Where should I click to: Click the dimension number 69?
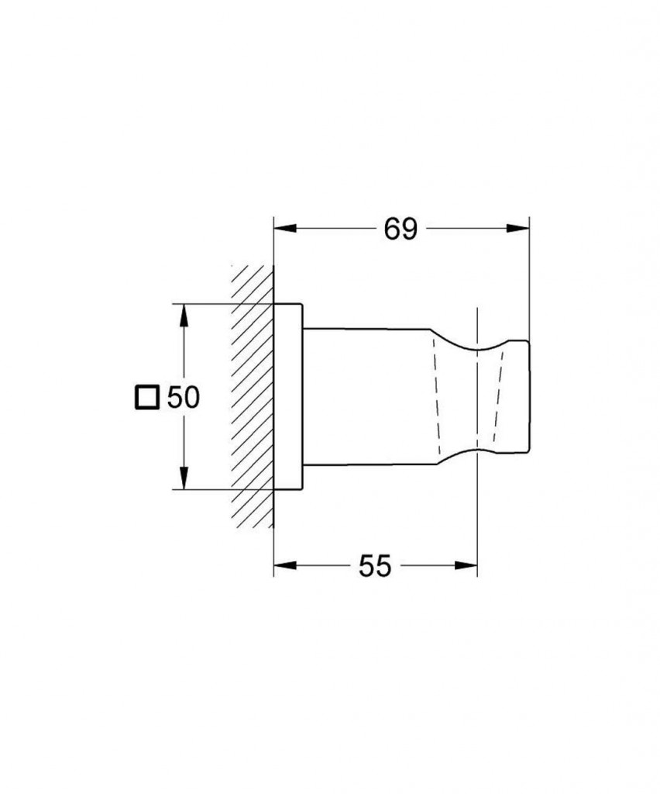[x=400, y=229]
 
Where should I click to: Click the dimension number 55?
[x=374, y=566]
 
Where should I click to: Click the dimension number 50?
[x=183, y=398]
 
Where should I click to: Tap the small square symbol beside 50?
[x=146, y=398]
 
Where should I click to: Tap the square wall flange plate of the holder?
[x=288, y=395]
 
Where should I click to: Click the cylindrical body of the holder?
[x=364, y=395]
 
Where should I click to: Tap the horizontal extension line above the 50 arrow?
[x=225, y=302]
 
